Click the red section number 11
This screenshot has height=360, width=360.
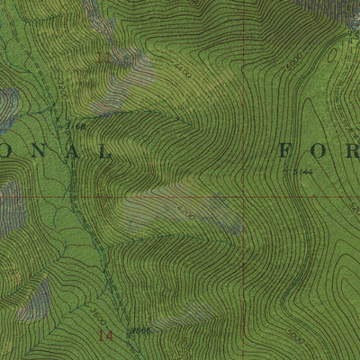(x=102, y=58)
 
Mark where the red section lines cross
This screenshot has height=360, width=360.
(x=241, y=195)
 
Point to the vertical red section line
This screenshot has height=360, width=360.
(x=241, y=108)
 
